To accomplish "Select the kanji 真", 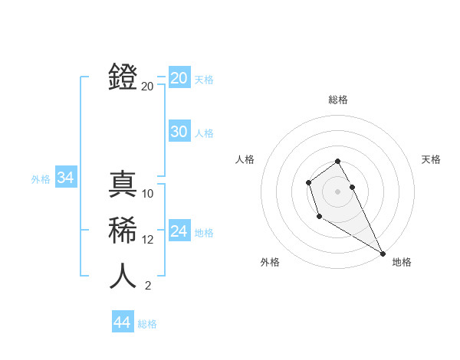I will coord(123,184).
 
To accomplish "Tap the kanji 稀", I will coord(123,230).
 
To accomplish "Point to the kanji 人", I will coord(123,276).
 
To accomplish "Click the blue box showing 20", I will coord(179,78).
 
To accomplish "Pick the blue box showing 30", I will coord(179,132).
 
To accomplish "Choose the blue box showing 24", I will coord(179,231).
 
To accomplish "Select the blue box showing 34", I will coord(65,178).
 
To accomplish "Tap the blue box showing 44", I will coord(122,322).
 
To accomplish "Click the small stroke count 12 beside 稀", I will coord(148,240).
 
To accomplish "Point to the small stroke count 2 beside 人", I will coord(147,286).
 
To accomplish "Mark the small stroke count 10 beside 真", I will coord(148,194).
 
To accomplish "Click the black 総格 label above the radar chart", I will coord(337,100).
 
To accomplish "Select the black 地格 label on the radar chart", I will coord(402,262).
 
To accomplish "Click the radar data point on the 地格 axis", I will coord(383,254).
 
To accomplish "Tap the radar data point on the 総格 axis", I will coord(337,161).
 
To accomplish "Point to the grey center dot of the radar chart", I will coord(337,191).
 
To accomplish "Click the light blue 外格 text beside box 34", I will coord(41,179).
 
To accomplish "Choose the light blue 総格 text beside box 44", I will coord(147,324).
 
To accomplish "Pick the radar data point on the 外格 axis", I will coord(319,217).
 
